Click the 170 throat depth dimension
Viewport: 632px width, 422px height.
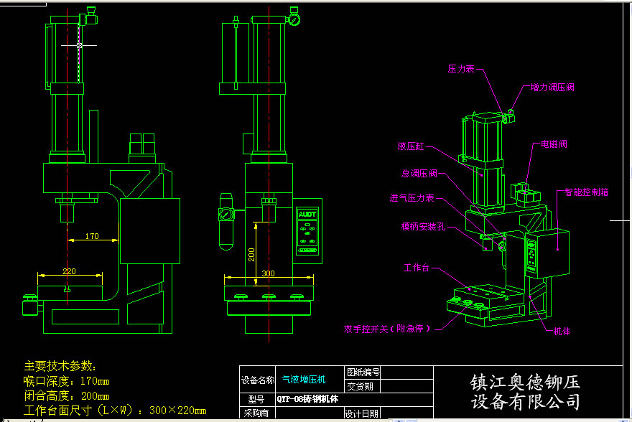92,235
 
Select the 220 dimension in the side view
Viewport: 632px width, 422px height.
69,271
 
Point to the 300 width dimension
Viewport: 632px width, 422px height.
268,273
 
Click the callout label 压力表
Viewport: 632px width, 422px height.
460,69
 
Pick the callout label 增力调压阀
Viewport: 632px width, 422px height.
552,88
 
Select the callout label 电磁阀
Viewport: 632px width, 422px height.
554,144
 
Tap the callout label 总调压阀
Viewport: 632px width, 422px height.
419,173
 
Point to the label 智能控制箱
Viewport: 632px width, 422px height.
587,192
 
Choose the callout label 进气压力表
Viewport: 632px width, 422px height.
412,198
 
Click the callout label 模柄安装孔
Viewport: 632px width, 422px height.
424,226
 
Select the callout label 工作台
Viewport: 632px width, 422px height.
417,268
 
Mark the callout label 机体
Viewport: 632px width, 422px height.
562,331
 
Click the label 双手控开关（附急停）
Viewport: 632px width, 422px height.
387,329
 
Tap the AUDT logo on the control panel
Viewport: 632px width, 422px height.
307,214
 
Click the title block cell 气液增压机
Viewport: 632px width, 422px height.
304,379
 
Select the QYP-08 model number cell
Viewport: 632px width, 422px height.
304,399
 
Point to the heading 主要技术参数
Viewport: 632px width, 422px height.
65,365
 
